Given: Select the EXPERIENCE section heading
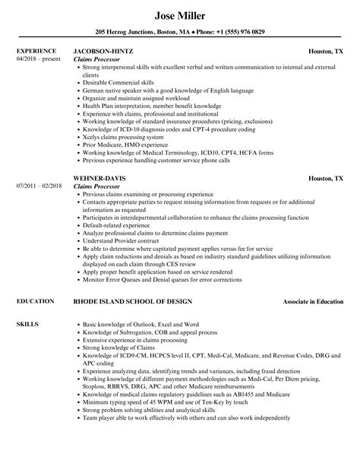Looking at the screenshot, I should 36,52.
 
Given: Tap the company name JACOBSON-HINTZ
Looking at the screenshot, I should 106,52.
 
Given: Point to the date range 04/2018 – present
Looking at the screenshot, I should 38,59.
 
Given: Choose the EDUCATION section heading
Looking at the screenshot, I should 35,281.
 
